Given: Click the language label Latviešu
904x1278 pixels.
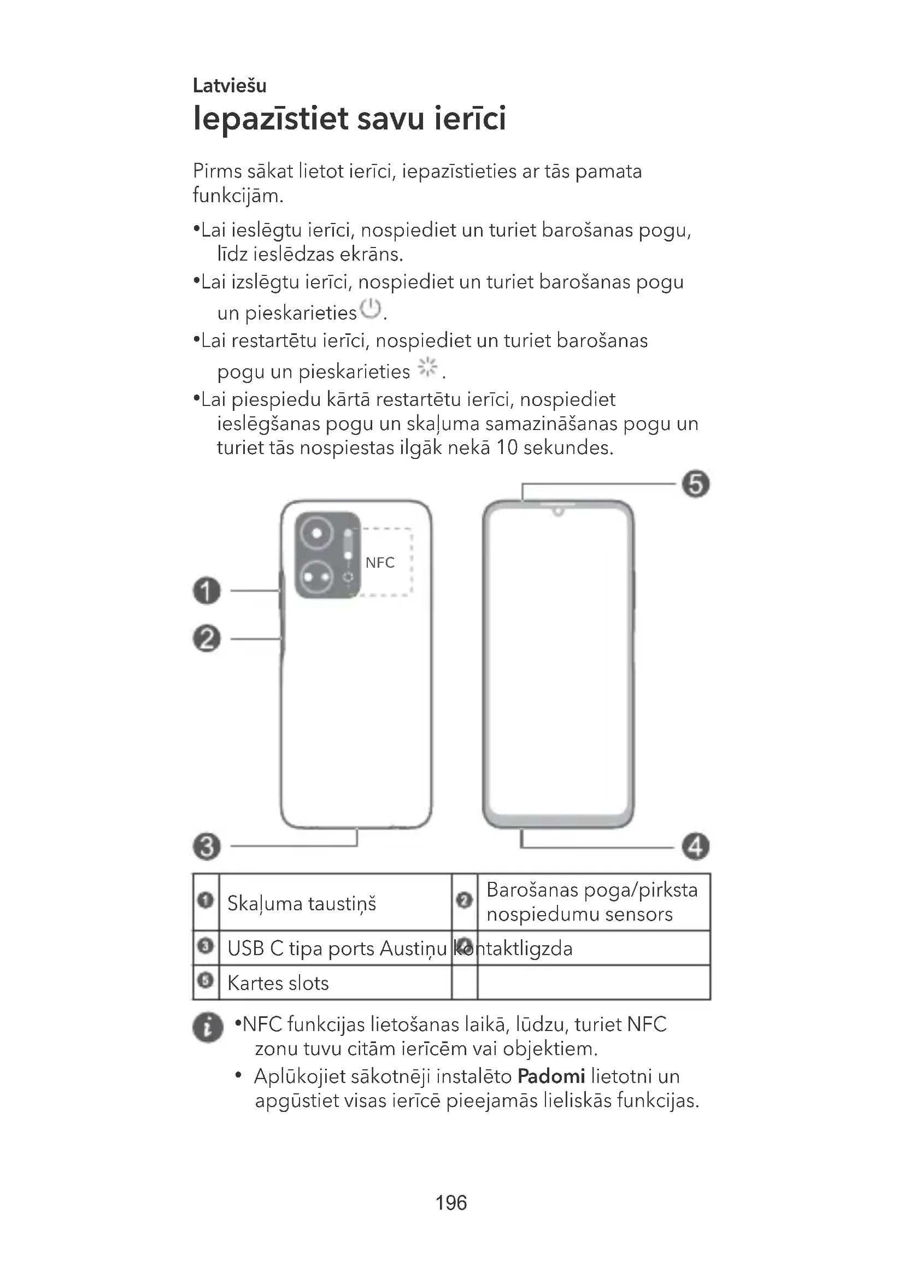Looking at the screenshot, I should click(230, 86).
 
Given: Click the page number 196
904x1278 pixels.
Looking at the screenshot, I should click(451, 1203).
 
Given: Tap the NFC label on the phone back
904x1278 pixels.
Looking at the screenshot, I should click(380, 563).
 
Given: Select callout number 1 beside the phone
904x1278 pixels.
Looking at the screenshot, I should click(207, 591).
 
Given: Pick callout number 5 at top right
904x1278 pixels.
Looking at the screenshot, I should click(696, 484).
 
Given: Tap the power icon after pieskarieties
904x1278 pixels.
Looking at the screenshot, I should click(371, 309).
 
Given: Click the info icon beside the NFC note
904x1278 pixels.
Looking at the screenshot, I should click(208, 1027).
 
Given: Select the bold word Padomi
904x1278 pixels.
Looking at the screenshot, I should click(551, 1076).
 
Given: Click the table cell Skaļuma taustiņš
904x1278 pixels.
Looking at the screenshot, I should click(302, 903).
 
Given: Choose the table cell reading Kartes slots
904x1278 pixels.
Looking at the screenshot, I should click(278, 983).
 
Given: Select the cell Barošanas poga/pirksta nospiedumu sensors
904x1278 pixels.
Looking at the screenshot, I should click(592, 902).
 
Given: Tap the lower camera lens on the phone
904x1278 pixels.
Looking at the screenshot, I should click(316, 576).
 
